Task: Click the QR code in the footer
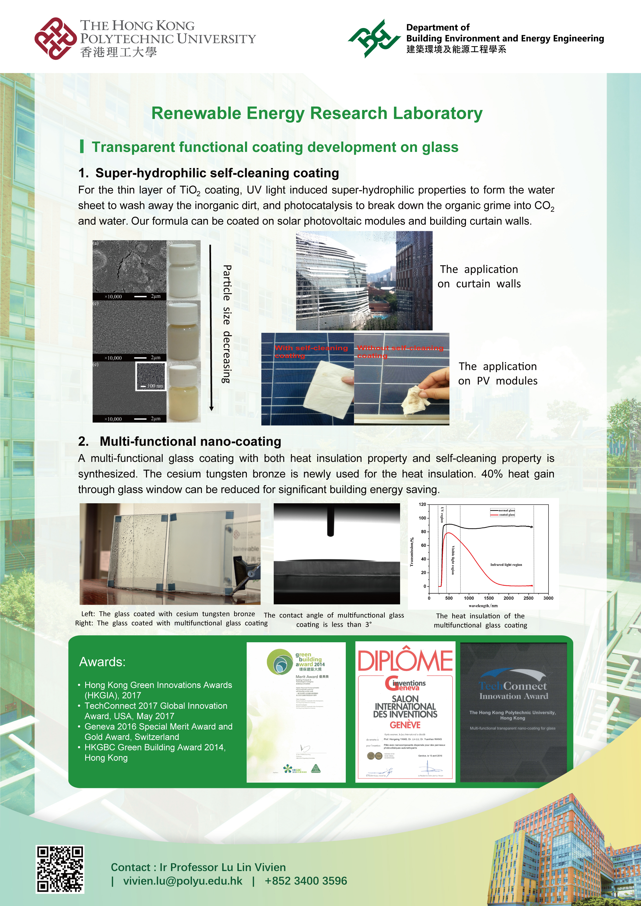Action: (x=60, y=869)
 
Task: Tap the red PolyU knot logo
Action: (x=55, y=38)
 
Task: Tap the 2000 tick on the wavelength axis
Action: (x=508, y=598)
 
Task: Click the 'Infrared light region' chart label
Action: (x=506, y=565)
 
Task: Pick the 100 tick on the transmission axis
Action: (x=422, y=518)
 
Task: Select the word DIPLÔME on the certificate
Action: (x=405, y=661)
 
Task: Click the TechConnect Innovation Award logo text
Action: (x=513, y=691)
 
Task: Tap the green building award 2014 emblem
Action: (x=280, y=661)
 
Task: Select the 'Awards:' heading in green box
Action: (x=102, y=662)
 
